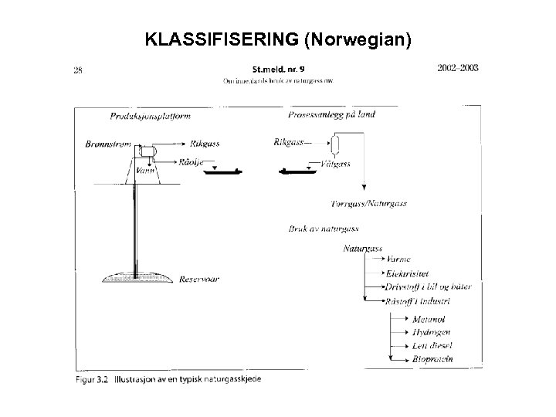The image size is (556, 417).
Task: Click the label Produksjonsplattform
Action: tap(151, 117)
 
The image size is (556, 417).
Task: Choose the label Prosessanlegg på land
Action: tap(331, 114)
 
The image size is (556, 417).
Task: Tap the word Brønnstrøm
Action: tap(109, 144)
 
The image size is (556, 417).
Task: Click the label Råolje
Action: tap(191, 163)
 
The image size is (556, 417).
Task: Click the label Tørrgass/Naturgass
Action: tap(368, 204)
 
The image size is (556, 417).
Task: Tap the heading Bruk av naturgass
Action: tap(323, 229)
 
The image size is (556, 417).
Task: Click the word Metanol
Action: tap(429, 319)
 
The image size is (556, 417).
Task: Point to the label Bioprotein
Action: tap(433, 358)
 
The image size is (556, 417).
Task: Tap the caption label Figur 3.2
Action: tap(92, 378)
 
